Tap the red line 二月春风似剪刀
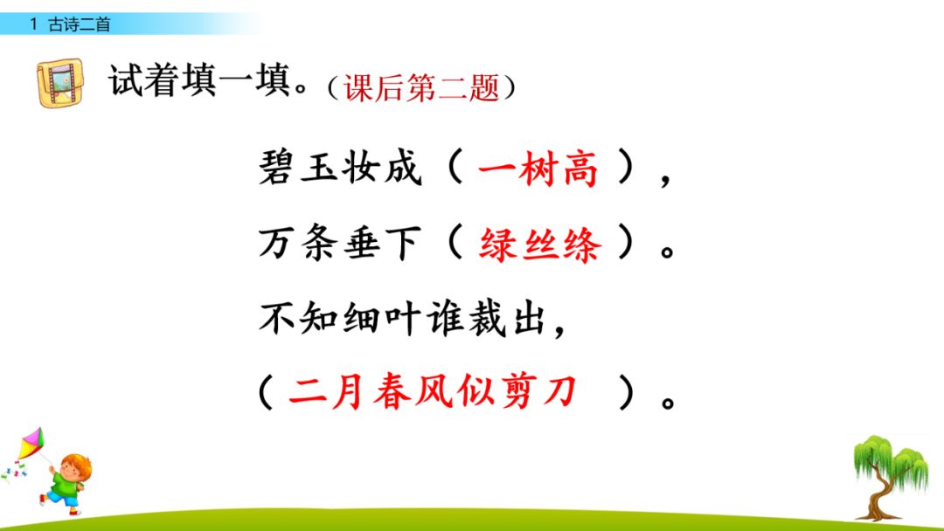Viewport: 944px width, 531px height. tap(433, 392)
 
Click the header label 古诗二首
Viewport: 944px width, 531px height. tap(80, 24)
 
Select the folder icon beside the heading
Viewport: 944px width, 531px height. tap(62, 83)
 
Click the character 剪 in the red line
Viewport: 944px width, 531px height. tap(516, 392)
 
